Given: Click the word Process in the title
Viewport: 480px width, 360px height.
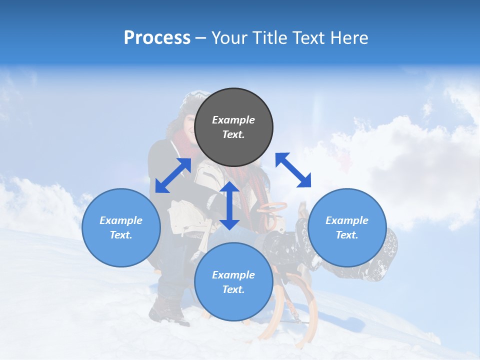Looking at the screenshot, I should pyautogui.click(x=157, y=38).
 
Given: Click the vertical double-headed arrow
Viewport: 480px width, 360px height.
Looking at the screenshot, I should pyautogui.click(x=229, y=205).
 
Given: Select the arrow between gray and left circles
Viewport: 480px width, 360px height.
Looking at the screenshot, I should pyautogui.click(x=173, y=175).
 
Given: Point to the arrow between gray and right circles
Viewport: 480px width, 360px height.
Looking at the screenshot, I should pyautogui.click(x=293, y=170).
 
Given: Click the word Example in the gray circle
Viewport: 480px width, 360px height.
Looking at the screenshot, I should pyautogui.click(x=233, y=120).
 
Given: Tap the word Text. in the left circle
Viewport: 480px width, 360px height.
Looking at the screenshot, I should pyautogui.click(x=121, y=235).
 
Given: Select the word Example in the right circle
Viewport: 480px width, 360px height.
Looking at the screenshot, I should pyautogui.click(x=347, y=220).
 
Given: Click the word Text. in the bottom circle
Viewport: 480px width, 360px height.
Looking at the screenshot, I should pyautogui.click(x=233, y=289).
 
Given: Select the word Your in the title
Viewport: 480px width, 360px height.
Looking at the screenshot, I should pyautogui.click(x=228, y=38).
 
